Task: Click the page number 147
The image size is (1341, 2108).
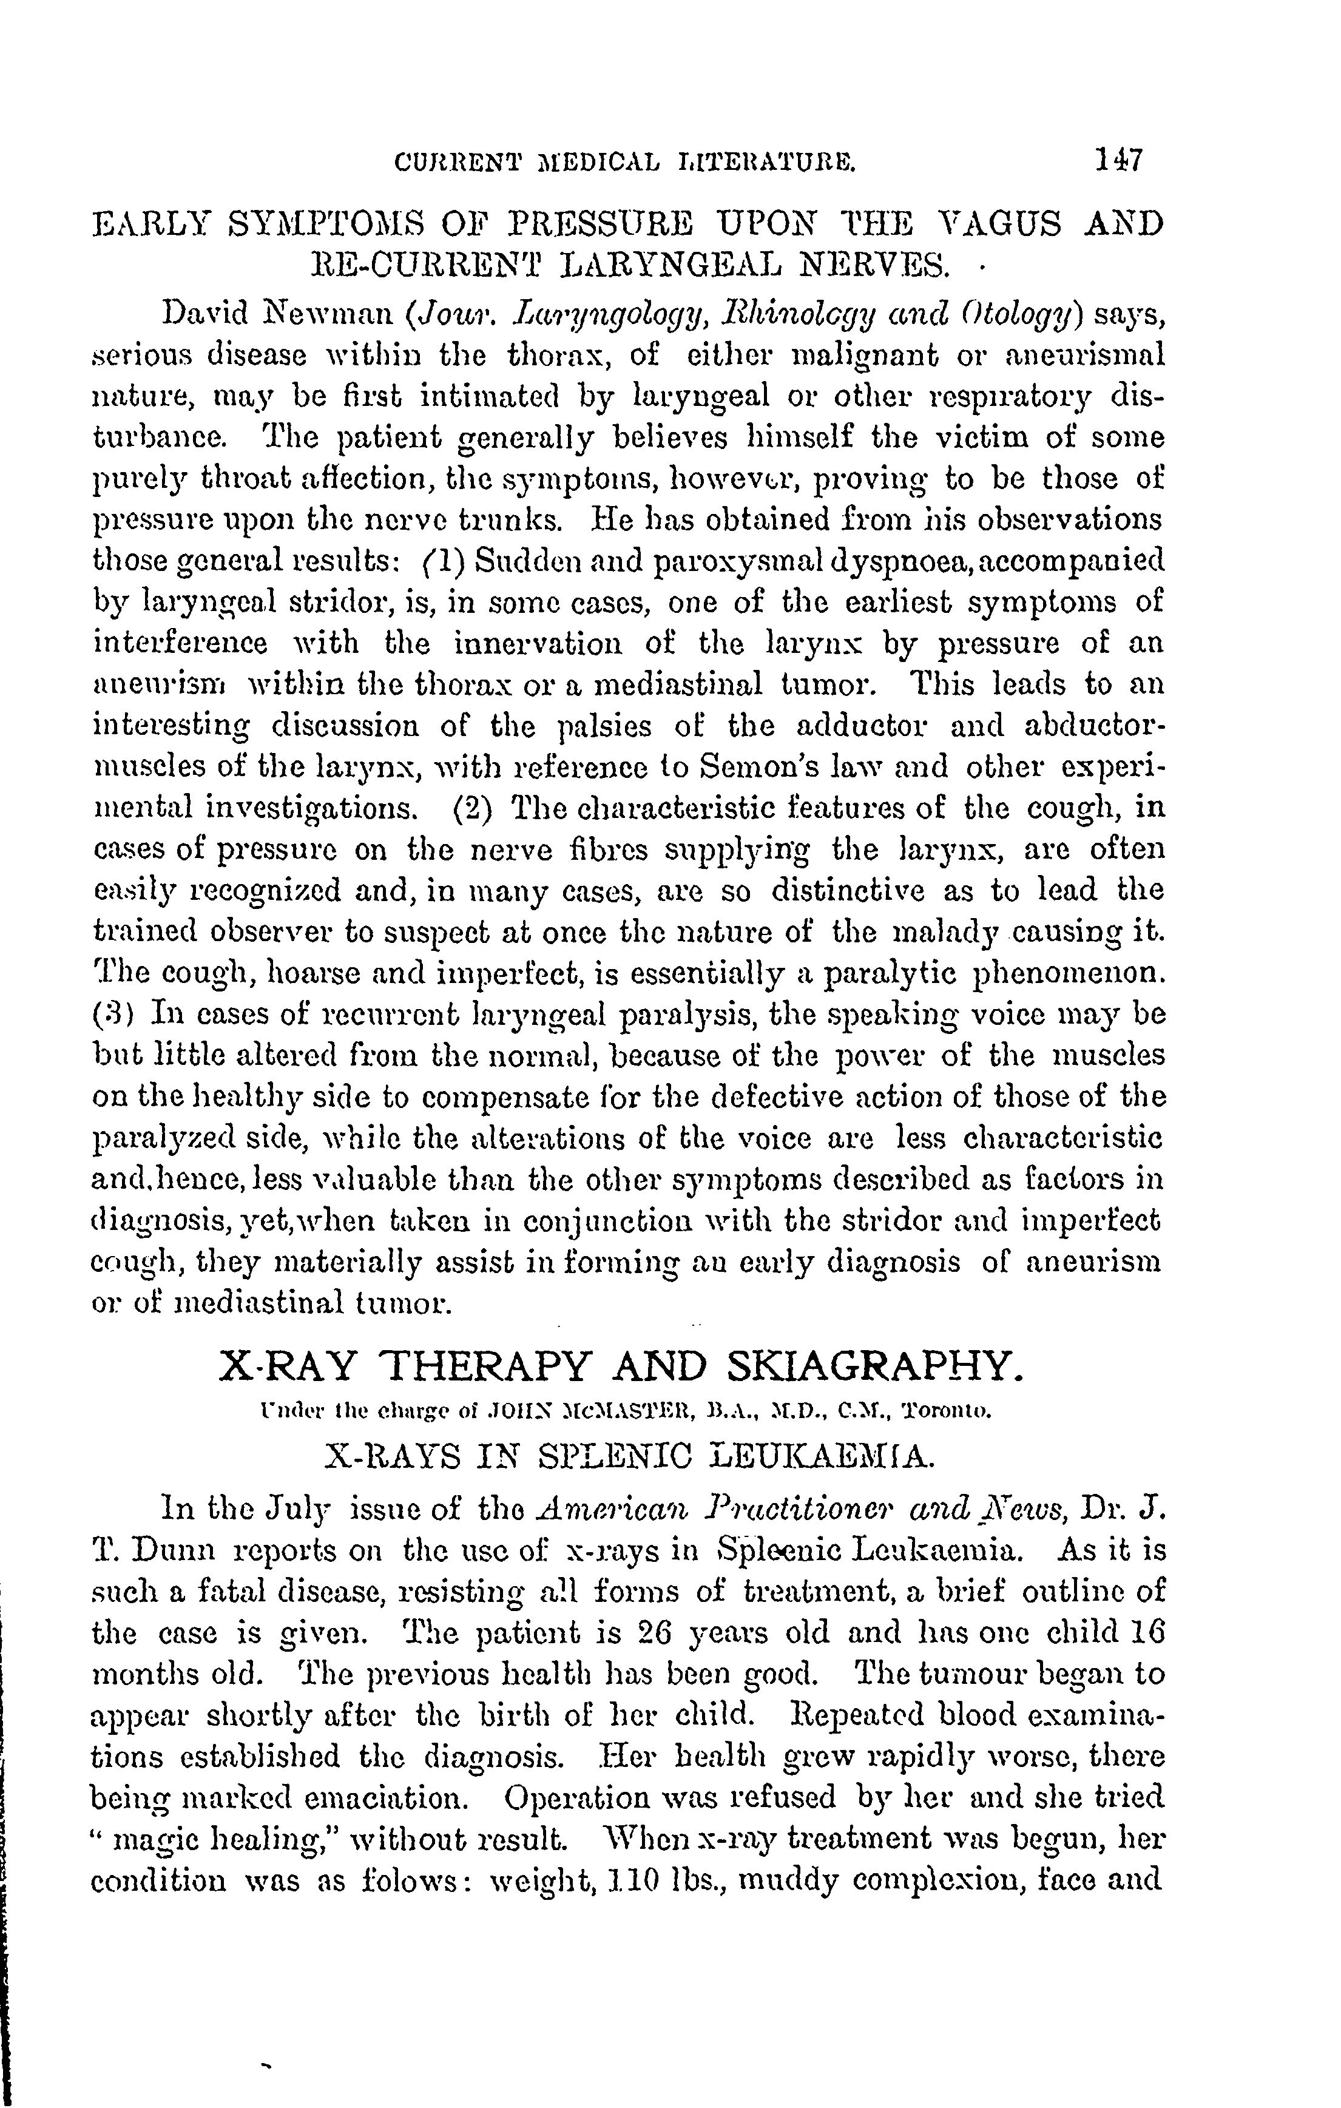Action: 1118,161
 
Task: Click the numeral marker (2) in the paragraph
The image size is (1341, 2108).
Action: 473,808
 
